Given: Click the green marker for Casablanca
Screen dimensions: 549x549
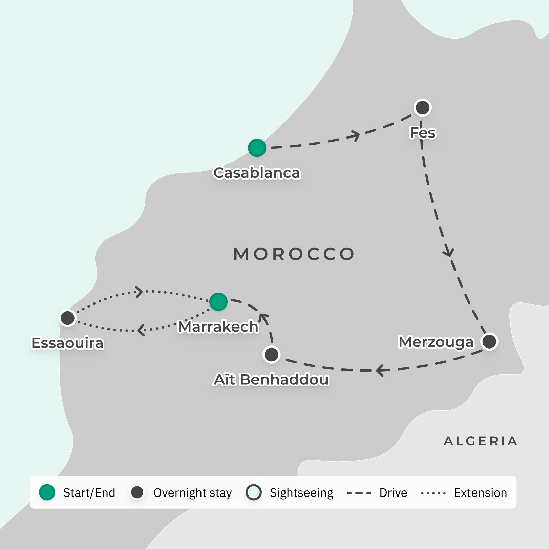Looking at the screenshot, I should point(257,148).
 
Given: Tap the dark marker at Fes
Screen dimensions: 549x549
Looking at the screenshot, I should point(422,108).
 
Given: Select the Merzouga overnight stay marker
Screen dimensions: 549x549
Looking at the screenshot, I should point(489,341).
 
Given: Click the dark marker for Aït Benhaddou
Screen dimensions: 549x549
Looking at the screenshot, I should point(271,355).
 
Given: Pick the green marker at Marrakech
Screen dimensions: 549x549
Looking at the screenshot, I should point(218,301).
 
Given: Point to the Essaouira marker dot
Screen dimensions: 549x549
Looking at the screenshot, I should point(67,318).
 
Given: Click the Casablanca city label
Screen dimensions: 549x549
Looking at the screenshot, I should point(257,173).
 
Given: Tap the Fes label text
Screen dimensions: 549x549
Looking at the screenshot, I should point(422,133).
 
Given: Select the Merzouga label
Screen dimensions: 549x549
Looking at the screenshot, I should point(436,342).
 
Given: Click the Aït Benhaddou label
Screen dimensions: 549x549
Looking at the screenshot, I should point(271,380).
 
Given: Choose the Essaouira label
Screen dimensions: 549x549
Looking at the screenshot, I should point(67,343).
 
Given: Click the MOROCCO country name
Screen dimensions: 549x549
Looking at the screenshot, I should point(294,254).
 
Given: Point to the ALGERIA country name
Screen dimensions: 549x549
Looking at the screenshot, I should point(480,441).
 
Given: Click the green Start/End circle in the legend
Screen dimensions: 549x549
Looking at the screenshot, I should point(47,492).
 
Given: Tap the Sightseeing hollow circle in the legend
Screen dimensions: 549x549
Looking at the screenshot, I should point(254,492).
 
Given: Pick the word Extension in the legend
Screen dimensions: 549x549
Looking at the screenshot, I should point(480,493).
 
